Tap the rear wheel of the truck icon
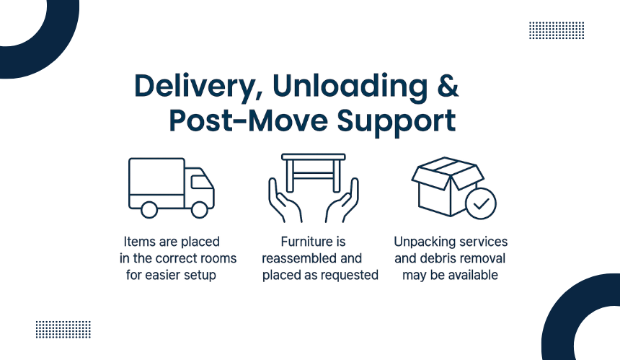click(149, 209)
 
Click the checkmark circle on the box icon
click(480, 203)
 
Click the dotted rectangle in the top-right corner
click(556, 30)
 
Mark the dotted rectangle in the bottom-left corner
click(63, 329)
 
